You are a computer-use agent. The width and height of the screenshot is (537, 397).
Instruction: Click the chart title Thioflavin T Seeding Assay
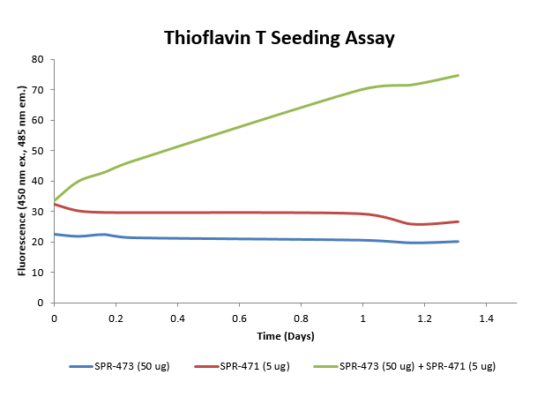(280, 38)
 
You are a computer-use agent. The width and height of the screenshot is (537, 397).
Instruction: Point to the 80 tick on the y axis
(38, 59)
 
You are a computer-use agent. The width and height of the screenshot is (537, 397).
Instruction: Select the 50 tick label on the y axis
(38, 151)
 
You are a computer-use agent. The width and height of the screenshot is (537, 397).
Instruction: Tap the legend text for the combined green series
(418, 366)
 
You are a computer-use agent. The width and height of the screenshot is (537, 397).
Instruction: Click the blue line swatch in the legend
(81, 366)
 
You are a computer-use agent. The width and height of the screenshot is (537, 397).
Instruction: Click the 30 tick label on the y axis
(38, 212)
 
